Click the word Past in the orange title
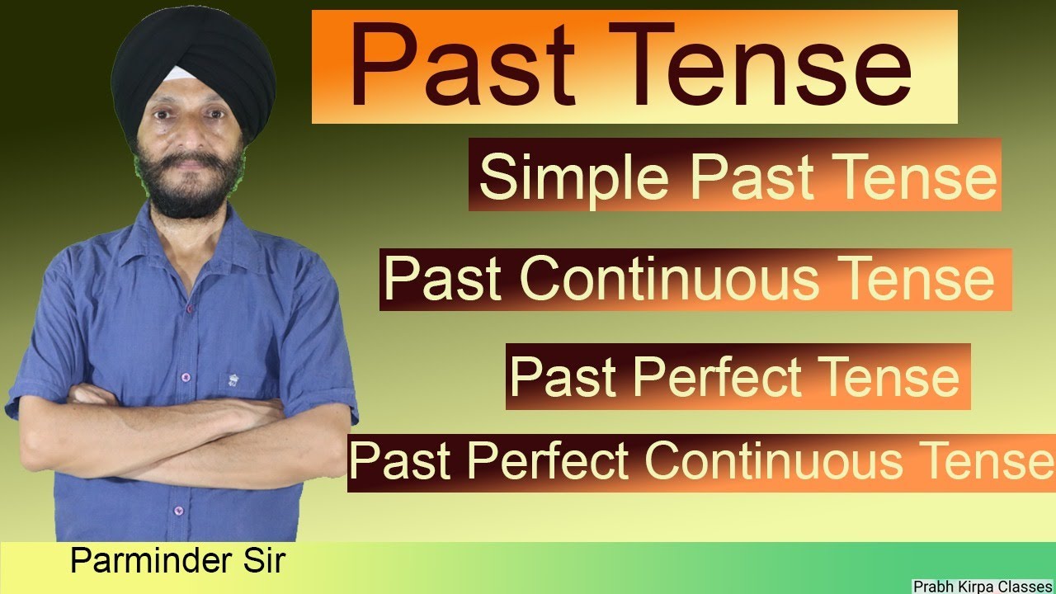click(462, 66)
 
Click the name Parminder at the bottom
click(144, 561)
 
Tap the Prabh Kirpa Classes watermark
click(983, 586)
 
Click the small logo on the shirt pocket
click(233, 380)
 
